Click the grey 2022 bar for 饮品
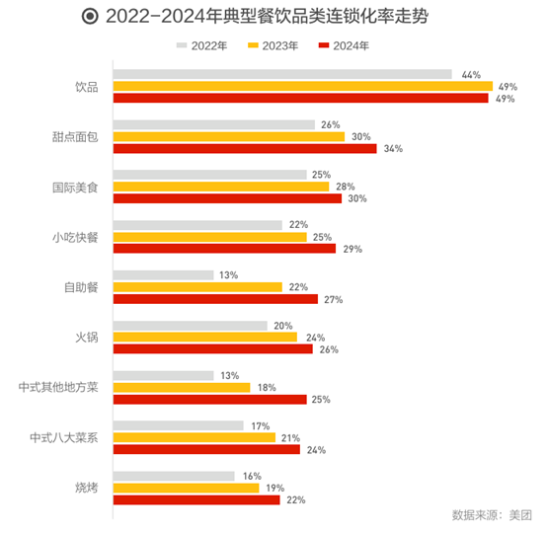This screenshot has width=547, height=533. (x=282, y=74)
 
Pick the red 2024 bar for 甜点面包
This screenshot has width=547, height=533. (x=245, y=148)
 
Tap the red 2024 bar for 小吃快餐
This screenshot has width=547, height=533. (x=225, y=249)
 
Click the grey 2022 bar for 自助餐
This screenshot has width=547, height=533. (x=164, y=274)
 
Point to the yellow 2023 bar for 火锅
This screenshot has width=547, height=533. (x=205, y=337)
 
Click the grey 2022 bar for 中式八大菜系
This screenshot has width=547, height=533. (x=179, y=425)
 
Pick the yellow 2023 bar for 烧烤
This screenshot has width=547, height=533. (x=187, y=488)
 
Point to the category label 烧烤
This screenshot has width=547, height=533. (x=86, y=488)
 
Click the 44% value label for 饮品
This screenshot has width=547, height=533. (x=470, y=74)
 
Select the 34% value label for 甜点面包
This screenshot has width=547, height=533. (x=393, y=148)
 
